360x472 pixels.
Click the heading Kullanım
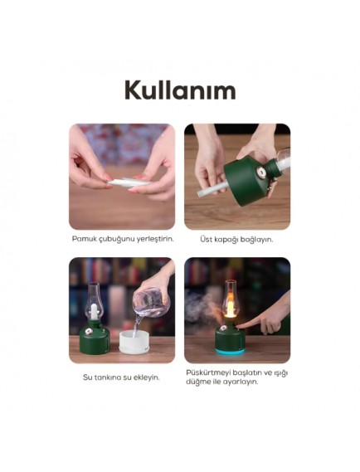point(180,90)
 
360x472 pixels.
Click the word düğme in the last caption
point(196,382)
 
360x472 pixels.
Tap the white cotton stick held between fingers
point(129,182)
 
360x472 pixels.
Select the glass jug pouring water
point(152,302)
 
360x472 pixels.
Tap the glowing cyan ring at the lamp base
point(230,351)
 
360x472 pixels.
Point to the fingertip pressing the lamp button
point(238,325)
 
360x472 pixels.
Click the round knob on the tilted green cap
point(260,173)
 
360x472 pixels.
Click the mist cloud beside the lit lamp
point(202,309)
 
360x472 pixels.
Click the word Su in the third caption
point(87,377)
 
